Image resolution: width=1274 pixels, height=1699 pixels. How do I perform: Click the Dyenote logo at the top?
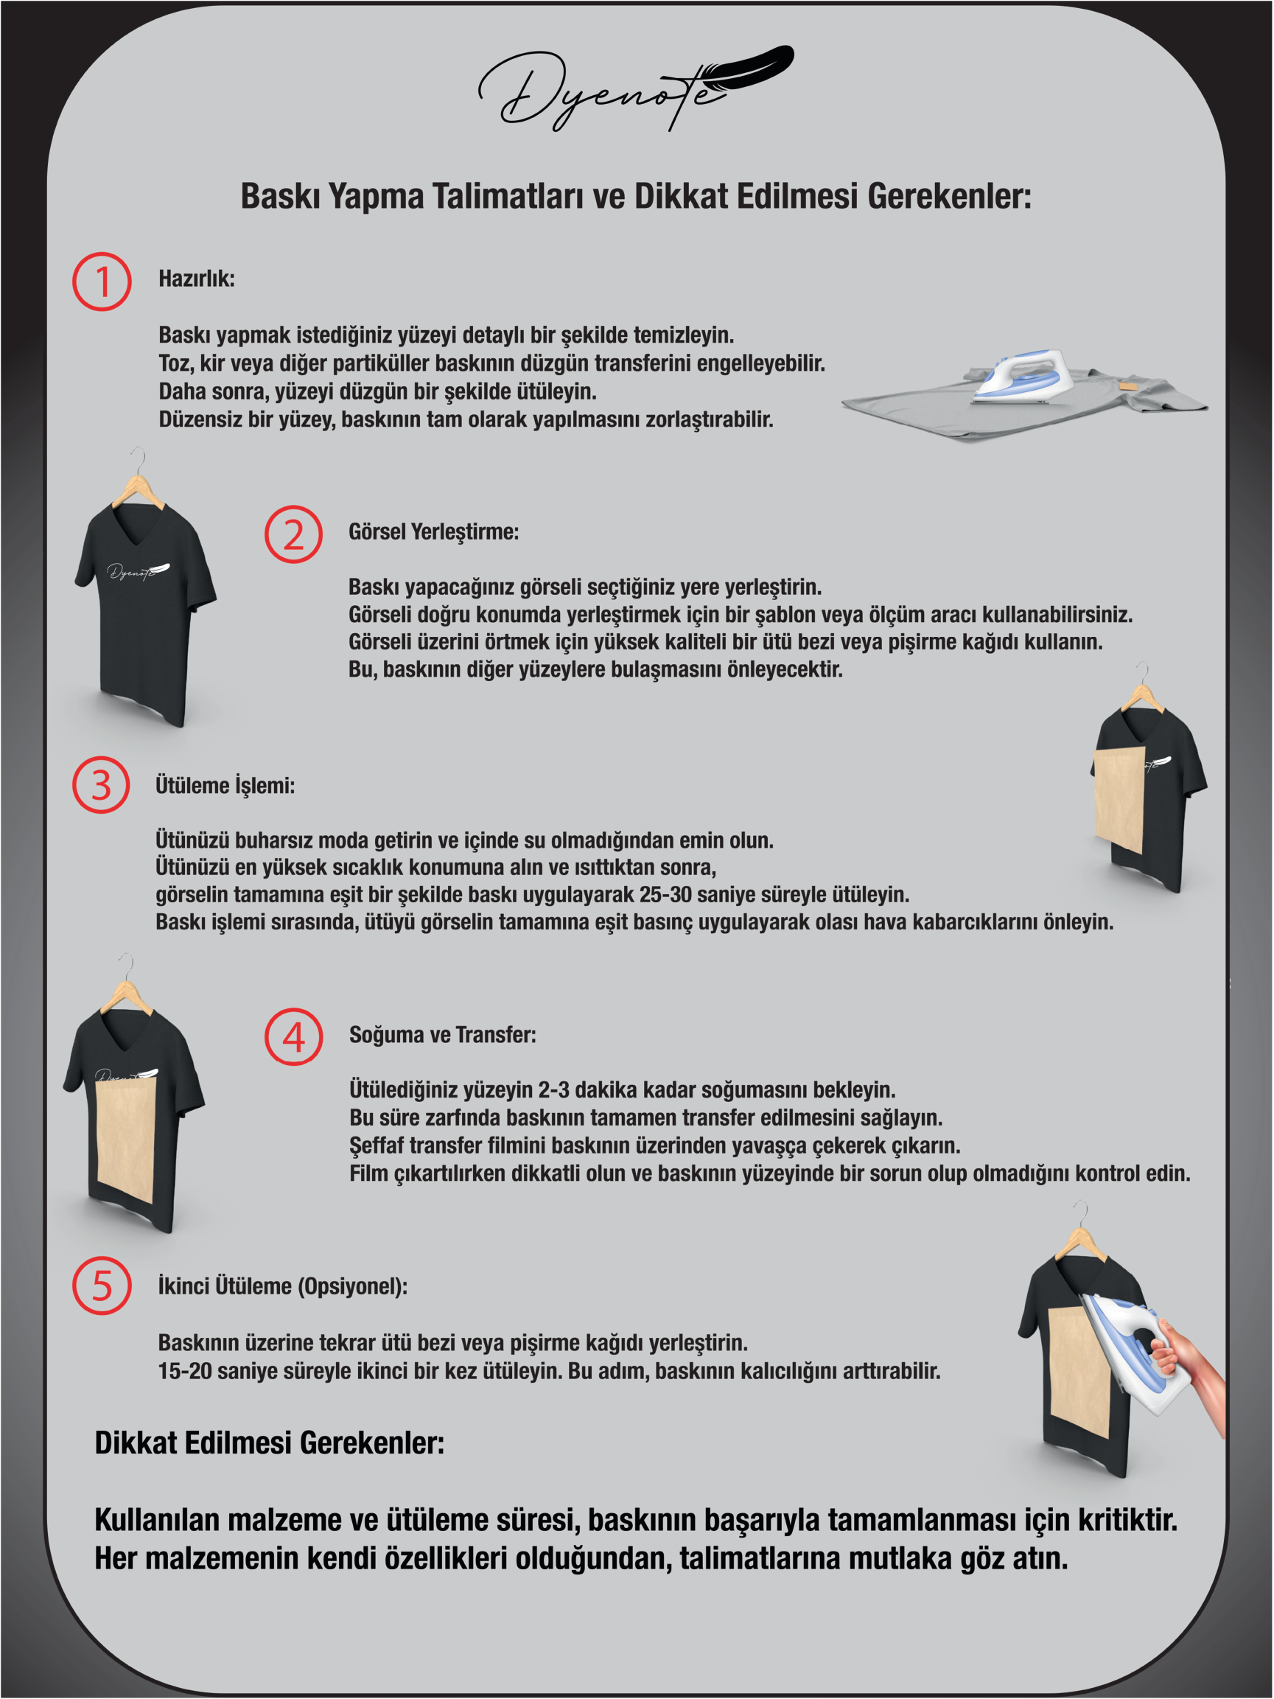(636, 88)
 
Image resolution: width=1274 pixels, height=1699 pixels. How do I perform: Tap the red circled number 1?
(102, 282)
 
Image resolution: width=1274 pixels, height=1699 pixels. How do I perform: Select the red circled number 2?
(293, 534)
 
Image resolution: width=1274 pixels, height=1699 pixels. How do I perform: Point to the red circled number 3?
(102, 785)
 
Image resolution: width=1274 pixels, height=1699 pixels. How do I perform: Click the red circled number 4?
(293, 1037)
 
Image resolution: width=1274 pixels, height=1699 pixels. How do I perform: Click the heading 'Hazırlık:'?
(197, 279)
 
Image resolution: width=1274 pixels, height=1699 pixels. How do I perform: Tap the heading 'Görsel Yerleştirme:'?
(434, 532)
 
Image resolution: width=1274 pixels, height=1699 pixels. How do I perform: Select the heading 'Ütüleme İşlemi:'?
(225, 786)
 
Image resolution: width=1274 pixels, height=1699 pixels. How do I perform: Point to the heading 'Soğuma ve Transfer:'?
(442, 1036)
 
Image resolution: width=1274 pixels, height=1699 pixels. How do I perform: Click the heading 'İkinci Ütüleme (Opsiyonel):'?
(283, 1286)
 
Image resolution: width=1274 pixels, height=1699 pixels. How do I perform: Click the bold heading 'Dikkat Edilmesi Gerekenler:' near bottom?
(270, 1443)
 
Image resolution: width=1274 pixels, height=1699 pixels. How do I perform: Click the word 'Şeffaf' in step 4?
(377, 1146)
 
